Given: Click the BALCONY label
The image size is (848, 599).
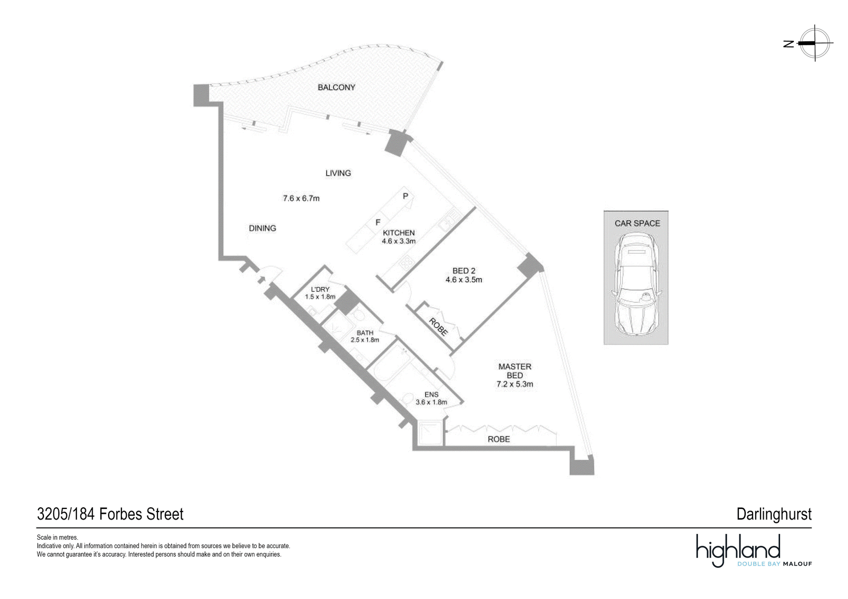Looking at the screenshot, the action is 336,87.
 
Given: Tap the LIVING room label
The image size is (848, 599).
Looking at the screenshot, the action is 338,173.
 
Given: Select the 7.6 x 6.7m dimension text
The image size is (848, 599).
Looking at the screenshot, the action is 302,198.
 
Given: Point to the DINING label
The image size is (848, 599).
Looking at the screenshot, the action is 262,228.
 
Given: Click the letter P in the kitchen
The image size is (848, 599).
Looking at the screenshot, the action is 405,196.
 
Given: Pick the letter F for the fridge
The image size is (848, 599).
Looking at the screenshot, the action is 378,222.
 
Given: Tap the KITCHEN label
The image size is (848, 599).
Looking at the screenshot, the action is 399,233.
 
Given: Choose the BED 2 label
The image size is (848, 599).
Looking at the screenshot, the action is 464,271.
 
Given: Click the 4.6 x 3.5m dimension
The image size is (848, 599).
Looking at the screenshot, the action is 464,280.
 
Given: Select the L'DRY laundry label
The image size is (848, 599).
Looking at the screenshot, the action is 320,290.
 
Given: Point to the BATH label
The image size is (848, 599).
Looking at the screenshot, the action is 365,333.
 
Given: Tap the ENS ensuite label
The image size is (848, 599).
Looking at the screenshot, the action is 431,395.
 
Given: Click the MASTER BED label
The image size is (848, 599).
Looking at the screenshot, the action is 515,371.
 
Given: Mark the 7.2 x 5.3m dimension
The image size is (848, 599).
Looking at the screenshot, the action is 515,385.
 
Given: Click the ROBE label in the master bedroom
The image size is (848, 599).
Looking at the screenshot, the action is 499,439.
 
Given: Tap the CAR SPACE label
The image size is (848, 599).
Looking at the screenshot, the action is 638,223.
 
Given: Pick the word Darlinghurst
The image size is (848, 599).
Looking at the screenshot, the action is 774,515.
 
